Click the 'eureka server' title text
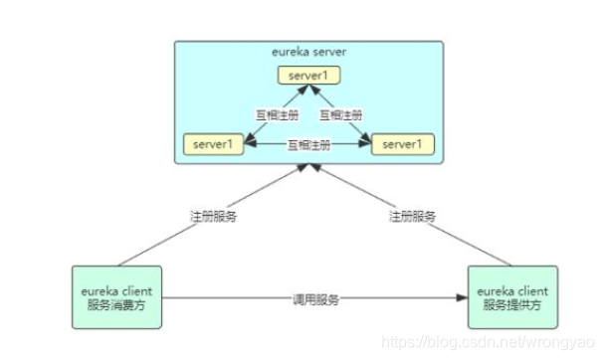308,51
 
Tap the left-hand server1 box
213,144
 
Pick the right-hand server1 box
403,144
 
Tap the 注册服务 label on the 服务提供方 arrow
411,215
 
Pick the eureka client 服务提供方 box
510,296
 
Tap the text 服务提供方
510,304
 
